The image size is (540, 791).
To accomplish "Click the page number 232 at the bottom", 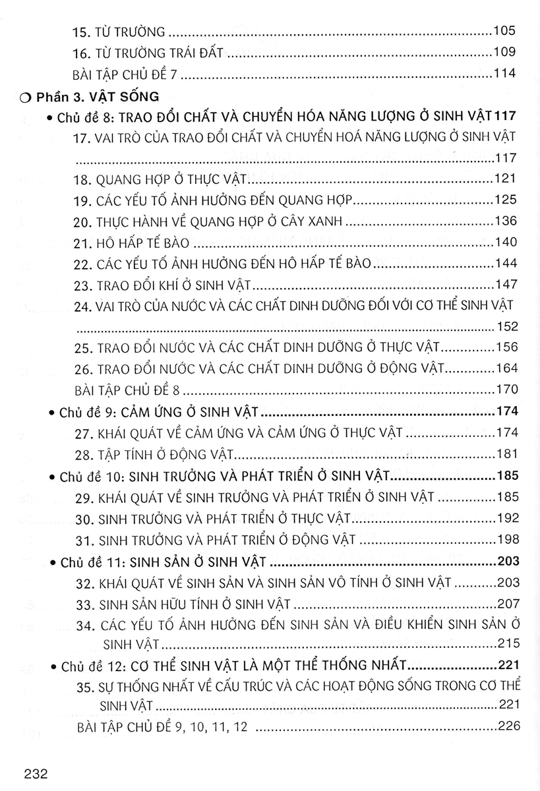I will (34, 773).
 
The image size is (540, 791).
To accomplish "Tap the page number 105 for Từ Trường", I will (504, 30).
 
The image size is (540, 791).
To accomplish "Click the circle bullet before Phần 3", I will (26, 98).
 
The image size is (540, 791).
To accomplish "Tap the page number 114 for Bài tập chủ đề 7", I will (504, 73).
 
